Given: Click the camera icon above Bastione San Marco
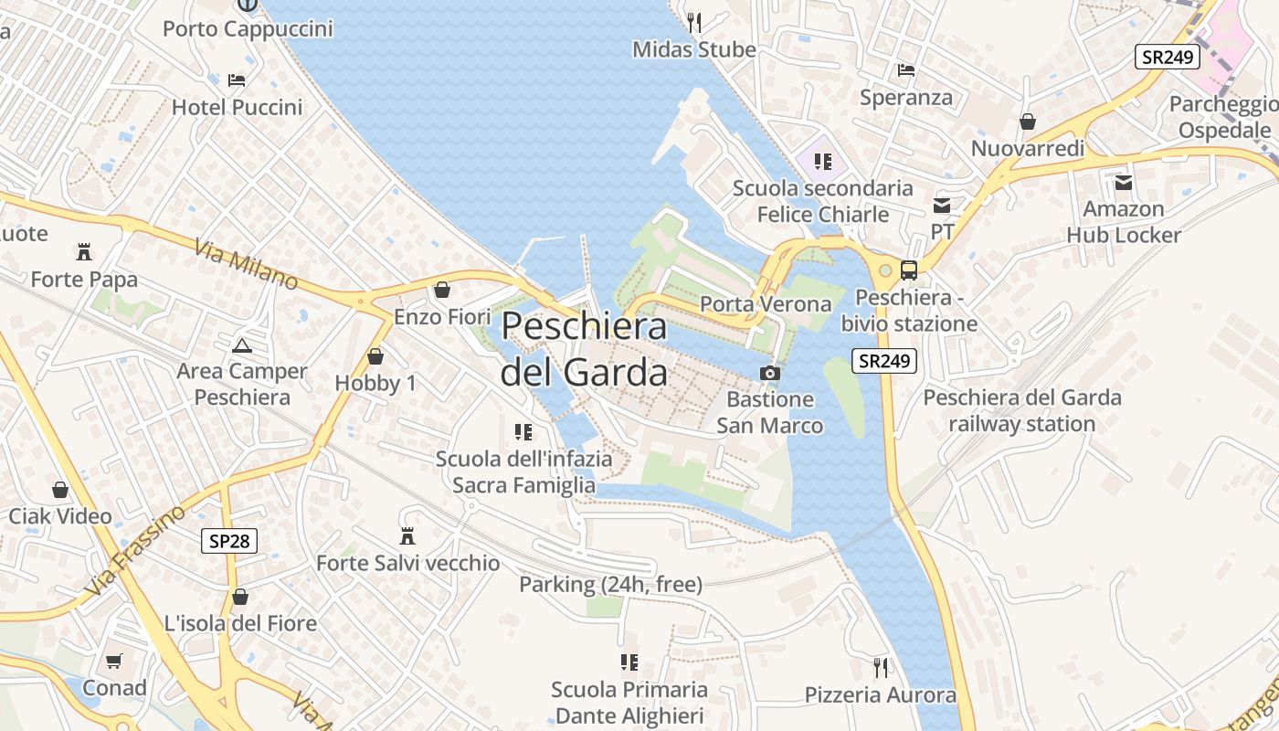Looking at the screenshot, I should (x=770, y=373).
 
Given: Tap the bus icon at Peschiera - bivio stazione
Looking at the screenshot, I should (x=909, y=270).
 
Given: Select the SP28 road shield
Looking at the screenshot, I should (x=229, y=541).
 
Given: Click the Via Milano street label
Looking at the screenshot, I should (x=246, y=263).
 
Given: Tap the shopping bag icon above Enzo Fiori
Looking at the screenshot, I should (x=442, y=290).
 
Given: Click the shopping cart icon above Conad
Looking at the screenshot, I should (x=114, y=661).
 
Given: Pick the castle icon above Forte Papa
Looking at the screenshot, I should (x=84, y=251).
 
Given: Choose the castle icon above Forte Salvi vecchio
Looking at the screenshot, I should (x=407, y=535).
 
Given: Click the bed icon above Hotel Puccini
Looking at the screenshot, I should (x=237, y=80).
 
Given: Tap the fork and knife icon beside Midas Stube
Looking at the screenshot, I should (x=694, y=22).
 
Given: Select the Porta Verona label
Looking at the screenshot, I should (x=766, y=303).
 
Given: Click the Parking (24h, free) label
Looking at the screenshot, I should (x=610, y=584).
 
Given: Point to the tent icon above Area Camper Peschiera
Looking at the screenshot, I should (x=241, y=344).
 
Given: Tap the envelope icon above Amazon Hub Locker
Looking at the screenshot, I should (x=1123, y=182).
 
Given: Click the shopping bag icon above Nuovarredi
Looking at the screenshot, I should (x=1028, y=122).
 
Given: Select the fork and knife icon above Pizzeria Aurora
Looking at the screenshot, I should (x=880, y=668).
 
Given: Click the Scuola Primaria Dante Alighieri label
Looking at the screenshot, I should (x=629, y=702).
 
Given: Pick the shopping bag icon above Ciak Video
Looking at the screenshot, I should (x=60, y=490).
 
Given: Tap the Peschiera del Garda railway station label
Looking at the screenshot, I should (x=1021, y=410).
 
